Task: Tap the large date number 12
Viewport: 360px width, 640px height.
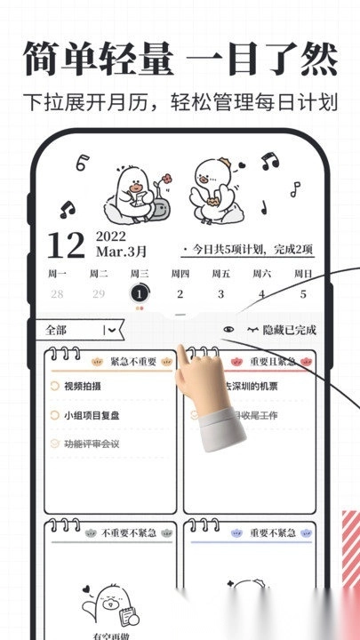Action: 65,245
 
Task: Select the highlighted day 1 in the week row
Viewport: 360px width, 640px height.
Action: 139,293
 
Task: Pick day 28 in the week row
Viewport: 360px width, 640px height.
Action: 57,293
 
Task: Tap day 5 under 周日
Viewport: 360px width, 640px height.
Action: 303,293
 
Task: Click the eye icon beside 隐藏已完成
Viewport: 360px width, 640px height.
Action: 229,330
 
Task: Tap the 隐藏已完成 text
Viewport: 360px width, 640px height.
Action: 288,330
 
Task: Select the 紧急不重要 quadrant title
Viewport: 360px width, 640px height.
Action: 132,362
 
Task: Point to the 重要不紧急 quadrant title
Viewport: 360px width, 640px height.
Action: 271,532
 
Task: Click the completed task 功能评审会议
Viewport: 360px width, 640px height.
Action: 92,444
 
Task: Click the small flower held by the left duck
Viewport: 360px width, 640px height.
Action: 162,184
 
